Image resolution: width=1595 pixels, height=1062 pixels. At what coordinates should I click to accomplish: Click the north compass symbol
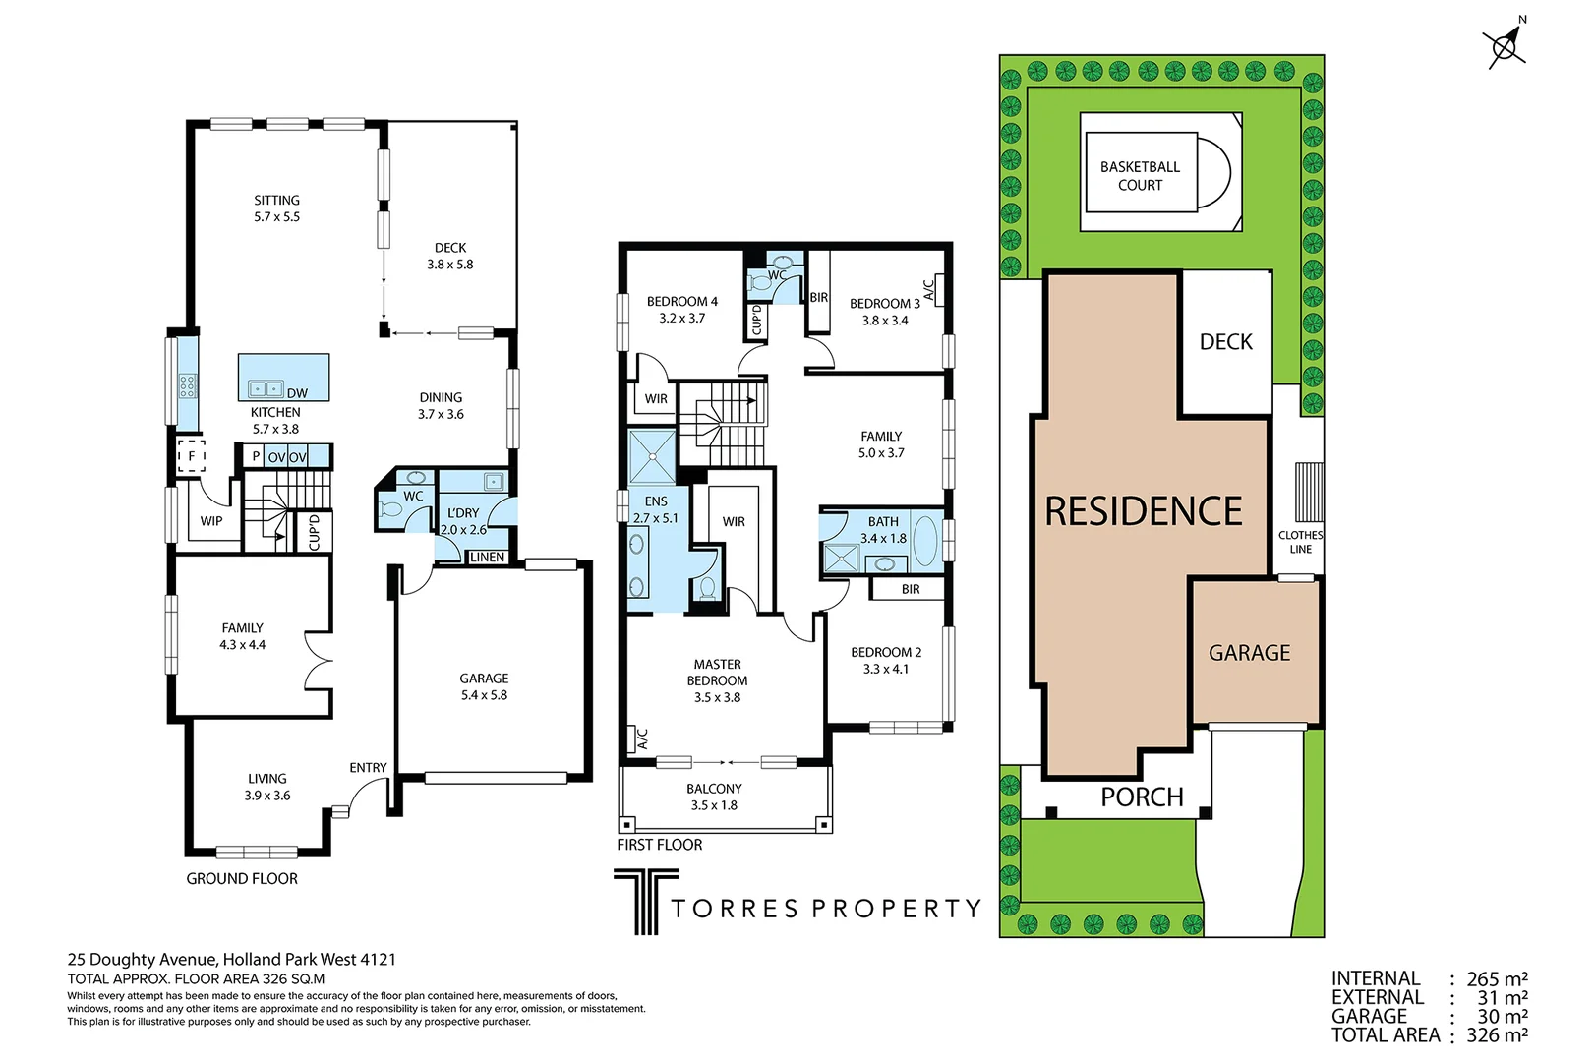[x=1505, y=44]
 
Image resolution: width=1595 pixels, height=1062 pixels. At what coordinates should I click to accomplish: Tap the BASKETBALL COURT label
[x=1140, y=176]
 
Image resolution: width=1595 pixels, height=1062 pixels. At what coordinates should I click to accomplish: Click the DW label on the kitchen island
[x=297, y=393]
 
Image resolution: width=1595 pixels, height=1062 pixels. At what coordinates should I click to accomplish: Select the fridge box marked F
[x=192, y=456]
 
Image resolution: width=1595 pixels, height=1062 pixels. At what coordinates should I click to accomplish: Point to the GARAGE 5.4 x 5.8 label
[x=484, y=686]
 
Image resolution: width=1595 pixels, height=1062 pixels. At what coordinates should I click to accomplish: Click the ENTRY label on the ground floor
[x=368, y=767]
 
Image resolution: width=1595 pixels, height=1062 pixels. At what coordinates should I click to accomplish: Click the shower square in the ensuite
[x=652, y=456]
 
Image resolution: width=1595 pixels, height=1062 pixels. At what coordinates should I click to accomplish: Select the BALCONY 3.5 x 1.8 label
[x=714, y=796]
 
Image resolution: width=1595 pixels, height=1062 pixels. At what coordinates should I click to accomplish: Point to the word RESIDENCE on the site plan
[x=1143, y=511]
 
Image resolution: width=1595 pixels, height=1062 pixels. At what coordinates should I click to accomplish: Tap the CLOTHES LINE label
[x=1300, y=542]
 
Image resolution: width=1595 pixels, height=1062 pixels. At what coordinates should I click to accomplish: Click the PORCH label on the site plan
[x=1142, y=796]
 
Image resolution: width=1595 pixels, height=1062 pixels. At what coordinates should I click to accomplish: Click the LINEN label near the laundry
[x=487, y=557]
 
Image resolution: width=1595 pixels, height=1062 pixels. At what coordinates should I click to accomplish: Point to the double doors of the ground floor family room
[x=318, y=660]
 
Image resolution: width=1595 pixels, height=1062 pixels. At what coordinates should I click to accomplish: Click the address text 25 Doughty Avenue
[x=144, y=959]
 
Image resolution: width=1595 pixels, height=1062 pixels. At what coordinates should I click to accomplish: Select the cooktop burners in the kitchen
[x=187, y=386]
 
